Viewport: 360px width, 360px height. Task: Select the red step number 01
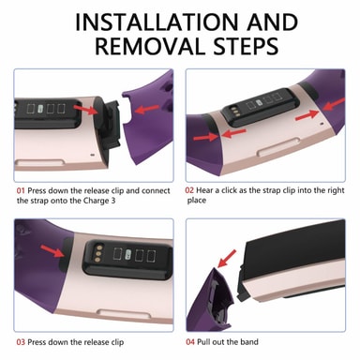(21, 190)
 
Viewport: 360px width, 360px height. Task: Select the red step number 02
(189, 190)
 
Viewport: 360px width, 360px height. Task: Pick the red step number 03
(21, 342)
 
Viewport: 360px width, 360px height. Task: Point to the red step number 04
(190, 342)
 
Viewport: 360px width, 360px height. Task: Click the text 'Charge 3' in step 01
(99, 201)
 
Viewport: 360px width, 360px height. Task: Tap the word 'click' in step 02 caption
(230, 190)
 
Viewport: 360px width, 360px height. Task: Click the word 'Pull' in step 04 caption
(203, 342)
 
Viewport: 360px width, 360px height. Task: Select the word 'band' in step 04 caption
(249, 342)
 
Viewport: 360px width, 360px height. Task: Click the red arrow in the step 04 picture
(227, 259)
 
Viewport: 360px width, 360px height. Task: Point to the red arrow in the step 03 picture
(52, 251)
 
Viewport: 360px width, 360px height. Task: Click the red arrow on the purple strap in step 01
(147, 110)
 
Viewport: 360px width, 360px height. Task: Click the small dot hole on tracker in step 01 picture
(92, 155)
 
